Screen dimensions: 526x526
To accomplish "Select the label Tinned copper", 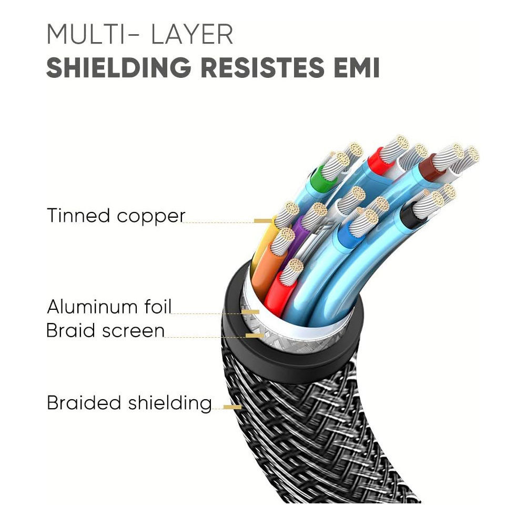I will coord(116,216).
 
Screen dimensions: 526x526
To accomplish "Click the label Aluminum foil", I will coord(109,306).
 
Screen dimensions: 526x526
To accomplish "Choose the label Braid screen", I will coord(105,331).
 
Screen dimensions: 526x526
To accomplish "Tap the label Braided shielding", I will coord(129,403).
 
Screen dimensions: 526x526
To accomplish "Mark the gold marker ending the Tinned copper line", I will coord(263,221).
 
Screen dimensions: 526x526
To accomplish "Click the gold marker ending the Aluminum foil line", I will coord(251,312).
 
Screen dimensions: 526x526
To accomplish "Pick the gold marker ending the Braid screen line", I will coord(255,335).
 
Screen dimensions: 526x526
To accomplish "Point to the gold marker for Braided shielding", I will coord(232,407).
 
